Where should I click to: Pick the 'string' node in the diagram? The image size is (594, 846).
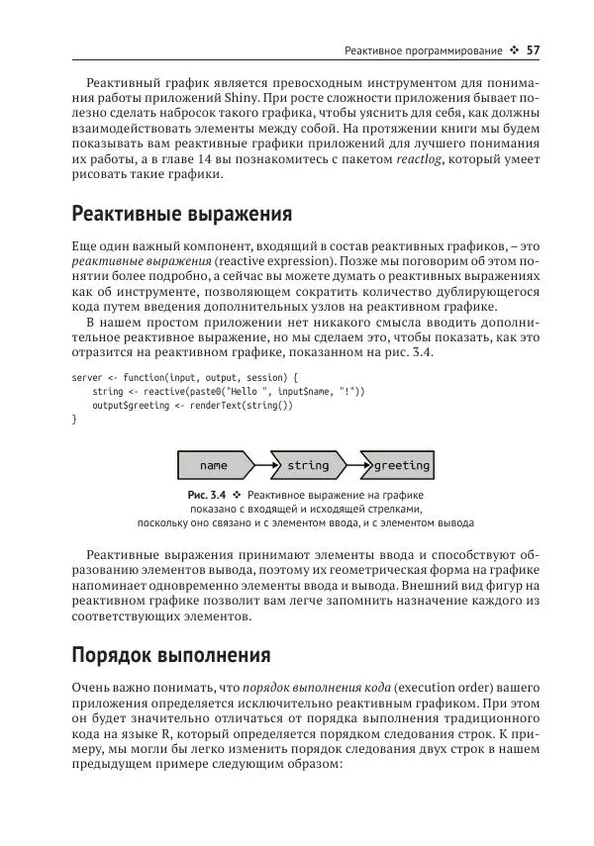click(307, 465)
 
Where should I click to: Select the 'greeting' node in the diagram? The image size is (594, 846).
click(401, 465)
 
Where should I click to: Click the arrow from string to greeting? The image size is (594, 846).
click(353, 465)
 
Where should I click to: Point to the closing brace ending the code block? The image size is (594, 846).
click(75, 420)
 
